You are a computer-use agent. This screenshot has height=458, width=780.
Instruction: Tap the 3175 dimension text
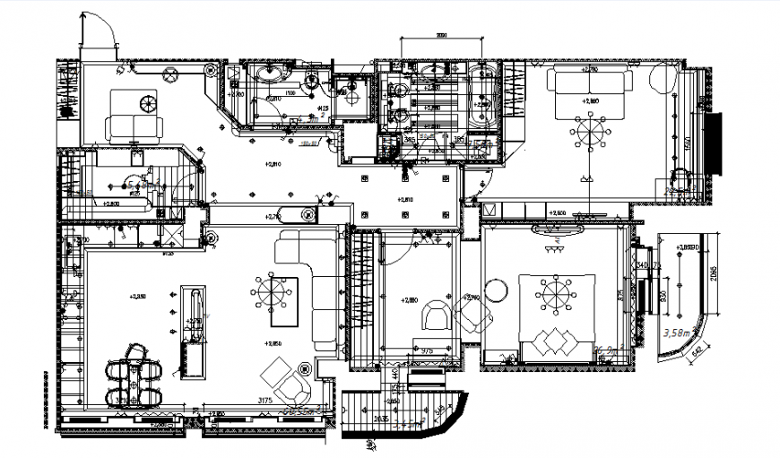(264, 399)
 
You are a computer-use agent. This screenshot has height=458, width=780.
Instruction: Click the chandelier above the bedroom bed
(554, 294)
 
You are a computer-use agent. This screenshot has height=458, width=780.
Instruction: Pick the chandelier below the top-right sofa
(590, 134)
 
